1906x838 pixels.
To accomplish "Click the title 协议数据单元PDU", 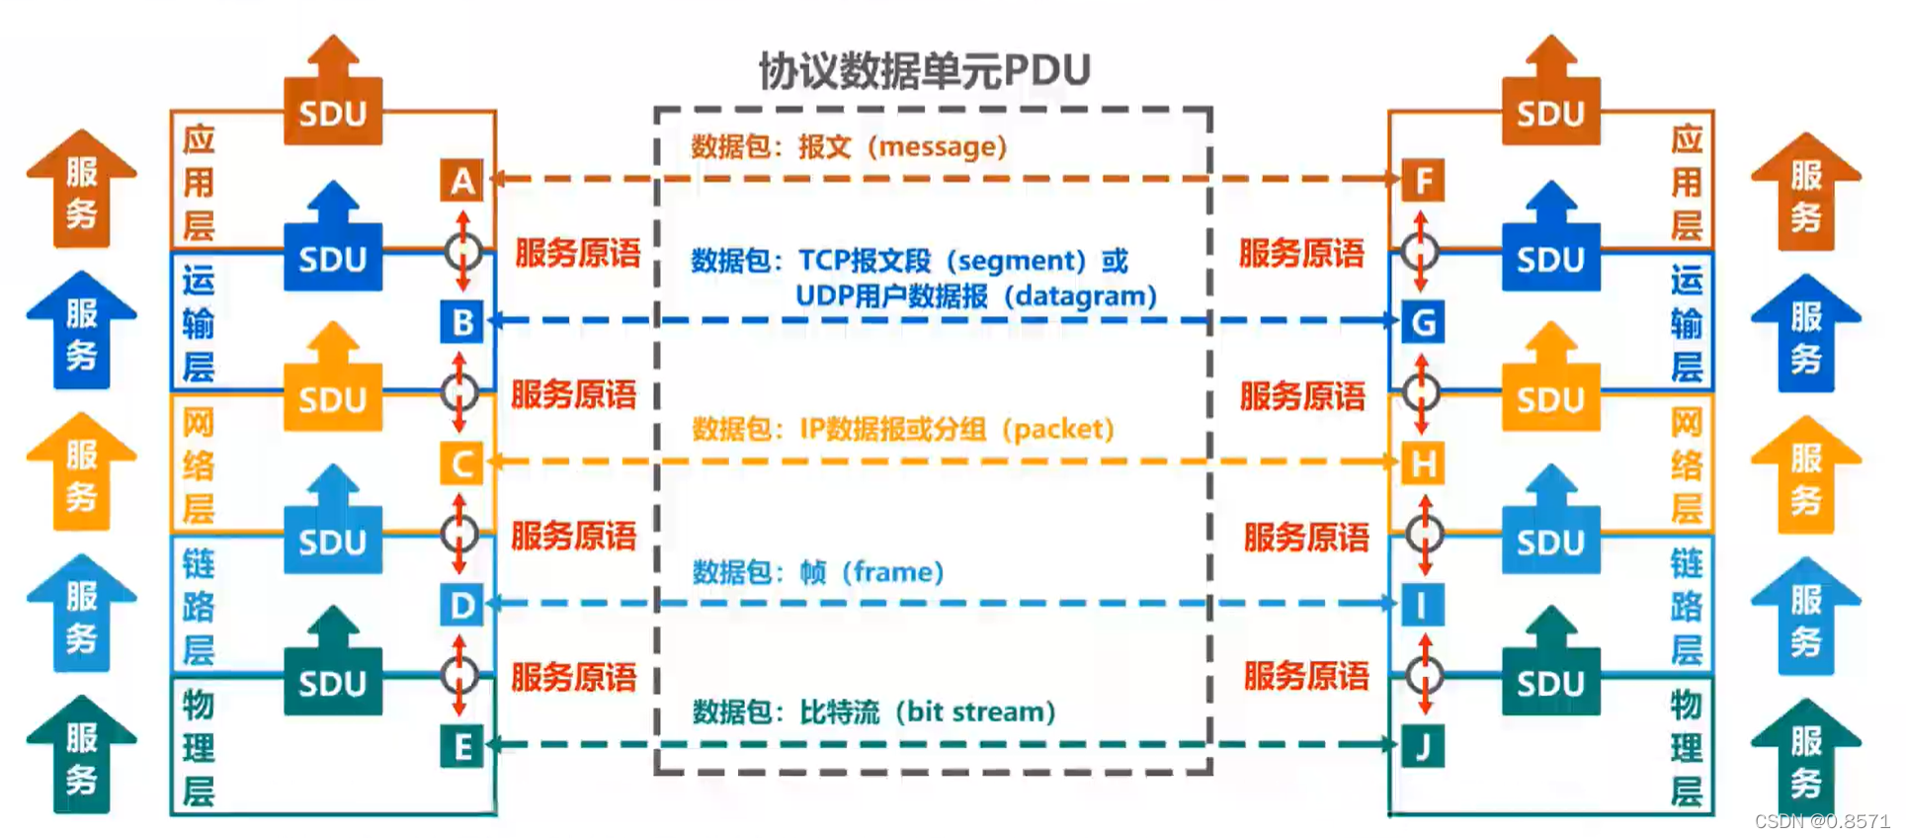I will pyautogui.click(x=924, y=70).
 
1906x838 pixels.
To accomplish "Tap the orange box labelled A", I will pyautogui.click(x=461, y=181).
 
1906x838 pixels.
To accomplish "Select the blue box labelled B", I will pyautogui.click(x=461, y=322).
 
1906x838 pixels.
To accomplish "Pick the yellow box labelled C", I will pyautogui.click(x=461, y=463).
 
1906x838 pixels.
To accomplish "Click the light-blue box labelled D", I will pyautogui.click(x=461, y=605).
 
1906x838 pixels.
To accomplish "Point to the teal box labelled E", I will pyautogui.click(x=461, y=747).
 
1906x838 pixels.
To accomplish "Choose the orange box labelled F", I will pyautogui.click(x=1423, y=181).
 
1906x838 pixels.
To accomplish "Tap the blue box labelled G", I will pyautogui.click(x=1423, y=322).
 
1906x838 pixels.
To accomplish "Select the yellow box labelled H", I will pyautogui.click(x=1423, y=463).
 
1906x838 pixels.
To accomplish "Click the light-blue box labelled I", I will pyautogui.click(x=1423, y=605).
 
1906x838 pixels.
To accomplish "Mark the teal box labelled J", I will pyautogui.click(x=1423, y=747).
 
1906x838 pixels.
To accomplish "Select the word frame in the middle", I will pyautogui.click(x=892, y=572).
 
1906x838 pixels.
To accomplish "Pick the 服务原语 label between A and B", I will pyautogui.click(x=577, y=254).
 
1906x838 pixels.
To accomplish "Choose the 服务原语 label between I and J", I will pyautogui.click(x=1306, y=677).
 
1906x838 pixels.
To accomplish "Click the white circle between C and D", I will pyautogui.click(x=459, y=535).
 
